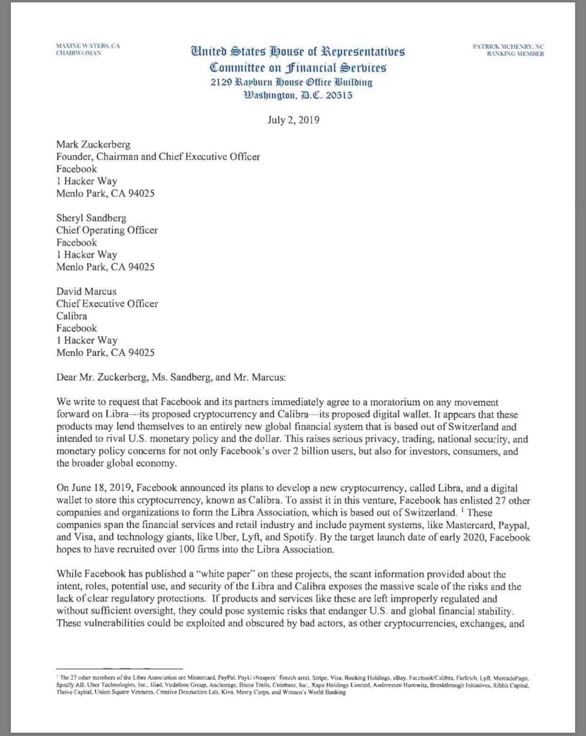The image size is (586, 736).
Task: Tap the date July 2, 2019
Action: pyautogui.click(x=293, y=119)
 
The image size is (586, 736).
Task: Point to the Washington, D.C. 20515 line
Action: pyautogui.click(x=298, y=95)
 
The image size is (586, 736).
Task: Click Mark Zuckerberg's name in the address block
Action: pyautogui.click(x=93, y=144)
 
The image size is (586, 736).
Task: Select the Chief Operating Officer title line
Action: pyautogui.click(x=107, y=230)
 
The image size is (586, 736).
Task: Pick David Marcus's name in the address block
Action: pyautogui.click(x=86, y=291)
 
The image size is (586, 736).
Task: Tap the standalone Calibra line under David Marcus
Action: pyautogui.click(x=72, y=316)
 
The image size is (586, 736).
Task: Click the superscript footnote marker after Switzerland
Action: pyautogui.click(x=462, y=509)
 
